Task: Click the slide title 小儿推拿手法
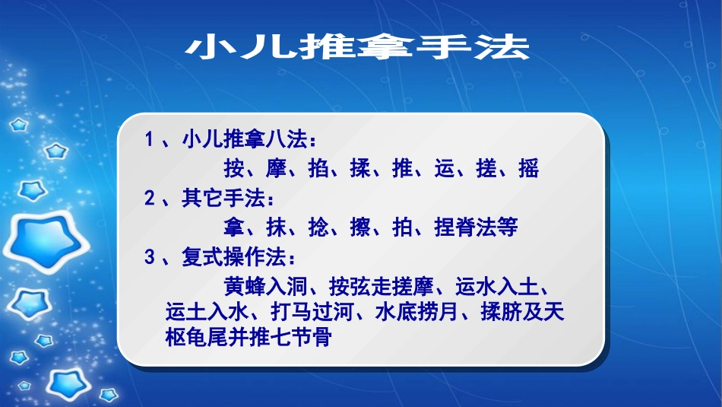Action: tap(357, 48)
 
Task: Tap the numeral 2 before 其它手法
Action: tap(150, 199)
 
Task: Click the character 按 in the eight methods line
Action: tap(235, 168)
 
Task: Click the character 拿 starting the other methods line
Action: tap(235, 227)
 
